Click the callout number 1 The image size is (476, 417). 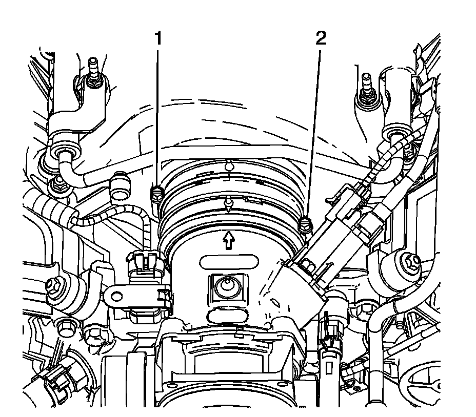point(158,38)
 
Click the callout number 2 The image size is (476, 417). point(321,38)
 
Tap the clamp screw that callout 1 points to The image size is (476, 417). point(156,194)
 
